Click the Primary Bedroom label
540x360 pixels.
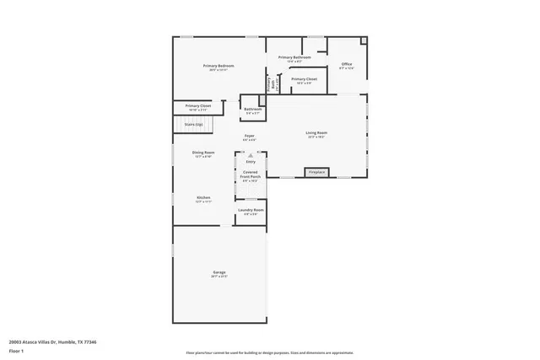tap(218, 66)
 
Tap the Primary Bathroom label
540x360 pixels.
tap(294, 57)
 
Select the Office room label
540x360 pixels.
tap(346, 64)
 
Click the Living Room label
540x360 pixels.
tap(316, 133)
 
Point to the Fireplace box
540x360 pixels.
tap(316, 172)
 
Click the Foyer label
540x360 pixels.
tap(250, 136)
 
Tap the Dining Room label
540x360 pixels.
tap(203, 153)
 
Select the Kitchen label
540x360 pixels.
tap(203, 197)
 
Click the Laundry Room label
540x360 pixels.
tap(251, 210)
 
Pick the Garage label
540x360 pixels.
tap(219, 272)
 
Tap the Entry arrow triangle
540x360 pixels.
tap(251, 155)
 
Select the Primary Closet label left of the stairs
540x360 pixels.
tap(199, 106)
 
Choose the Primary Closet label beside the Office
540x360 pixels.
tap(304, 79)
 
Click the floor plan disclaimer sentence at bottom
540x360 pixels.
tap(269, 352)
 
